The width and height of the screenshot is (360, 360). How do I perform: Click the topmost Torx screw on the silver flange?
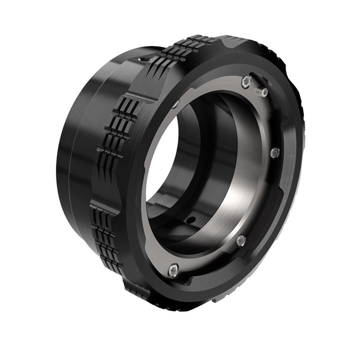point(246,82)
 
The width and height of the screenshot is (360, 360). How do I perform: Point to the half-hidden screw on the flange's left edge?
point(175,105)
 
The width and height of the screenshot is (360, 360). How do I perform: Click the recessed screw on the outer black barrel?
point(141,59)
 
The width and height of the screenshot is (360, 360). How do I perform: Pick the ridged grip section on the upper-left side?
point(122,130)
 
